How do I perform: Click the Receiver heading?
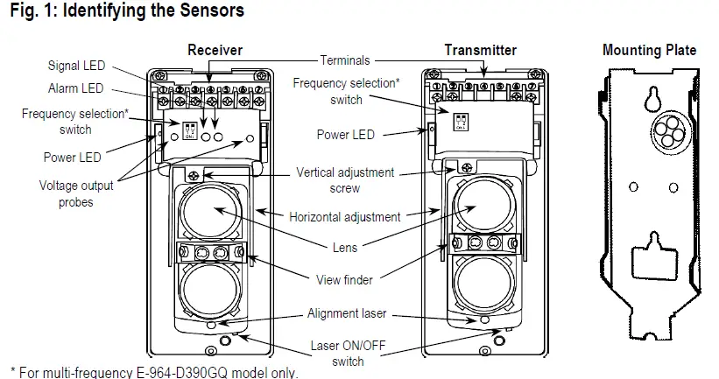tap(215, 50)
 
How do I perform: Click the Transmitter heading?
tap(480, 50)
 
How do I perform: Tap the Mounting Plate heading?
tap(649, 50)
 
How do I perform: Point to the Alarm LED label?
tap(75, 88)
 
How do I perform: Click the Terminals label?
tap(345, 61)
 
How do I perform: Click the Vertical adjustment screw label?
tap(345, 180)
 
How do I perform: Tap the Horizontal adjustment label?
tap(345, 217)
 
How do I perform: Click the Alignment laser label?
tap(346, 313)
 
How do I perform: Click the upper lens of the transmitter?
tap(478, 208)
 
